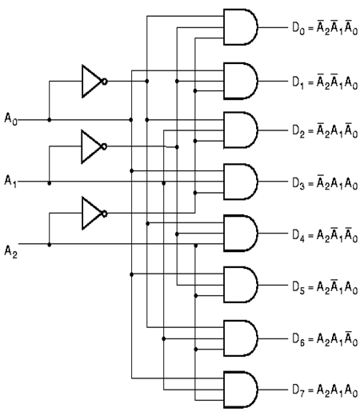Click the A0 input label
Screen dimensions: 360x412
(x=10, y=118)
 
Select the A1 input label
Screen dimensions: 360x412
(x=10, y=181)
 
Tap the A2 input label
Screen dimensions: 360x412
(x=10, y=251)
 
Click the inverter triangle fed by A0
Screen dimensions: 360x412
(x=92, y=81)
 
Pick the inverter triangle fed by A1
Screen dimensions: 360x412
(x=92, y=146)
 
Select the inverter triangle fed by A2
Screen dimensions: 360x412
(x=92, y=213)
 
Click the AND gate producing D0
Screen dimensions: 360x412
(x=241, y=27)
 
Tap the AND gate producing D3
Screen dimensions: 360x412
(x=241, y=182)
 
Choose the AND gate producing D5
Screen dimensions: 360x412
(x=241, y=285)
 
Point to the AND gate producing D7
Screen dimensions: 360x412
(x=241, y=390)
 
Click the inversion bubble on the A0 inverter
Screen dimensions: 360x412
(x=105, y=82)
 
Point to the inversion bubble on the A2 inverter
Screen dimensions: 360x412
(x=105, y=214)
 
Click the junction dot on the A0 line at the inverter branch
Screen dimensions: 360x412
(x=49, y=120)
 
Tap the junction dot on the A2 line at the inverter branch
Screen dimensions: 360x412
(x=49, y=244)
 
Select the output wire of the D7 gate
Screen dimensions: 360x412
(x=273, y=390)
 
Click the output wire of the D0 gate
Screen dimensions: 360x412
(x=273, y=27)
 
